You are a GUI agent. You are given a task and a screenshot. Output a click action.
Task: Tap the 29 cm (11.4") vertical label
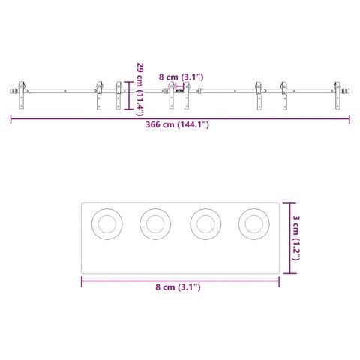pyautogui.click(x=140, y=90)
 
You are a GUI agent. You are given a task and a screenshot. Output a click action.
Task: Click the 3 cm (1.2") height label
pyautogui.click(x=297, y=236)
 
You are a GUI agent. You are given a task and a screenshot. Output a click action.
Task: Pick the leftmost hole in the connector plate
pyautogui.click(x=106, y=223)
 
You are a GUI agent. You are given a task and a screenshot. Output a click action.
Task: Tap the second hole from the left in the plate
pyautogui.click(x=155, y=223)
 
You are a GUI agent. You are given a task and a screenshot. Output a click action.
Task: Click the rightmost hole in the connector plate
pyautogui.click(x=253, y=223)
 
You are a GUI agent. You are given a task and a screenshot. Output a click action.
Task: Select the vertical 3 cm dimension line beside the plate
pyautogui.click(x=289, y=237)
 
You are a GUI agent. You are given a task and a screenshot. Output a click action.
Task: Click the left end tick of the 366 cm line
pyautogui.click(x=11, y=118)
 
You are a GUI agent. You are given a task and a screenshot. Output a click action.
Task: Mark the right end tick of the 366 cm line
pyautogui.click(x=349, y=118)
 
